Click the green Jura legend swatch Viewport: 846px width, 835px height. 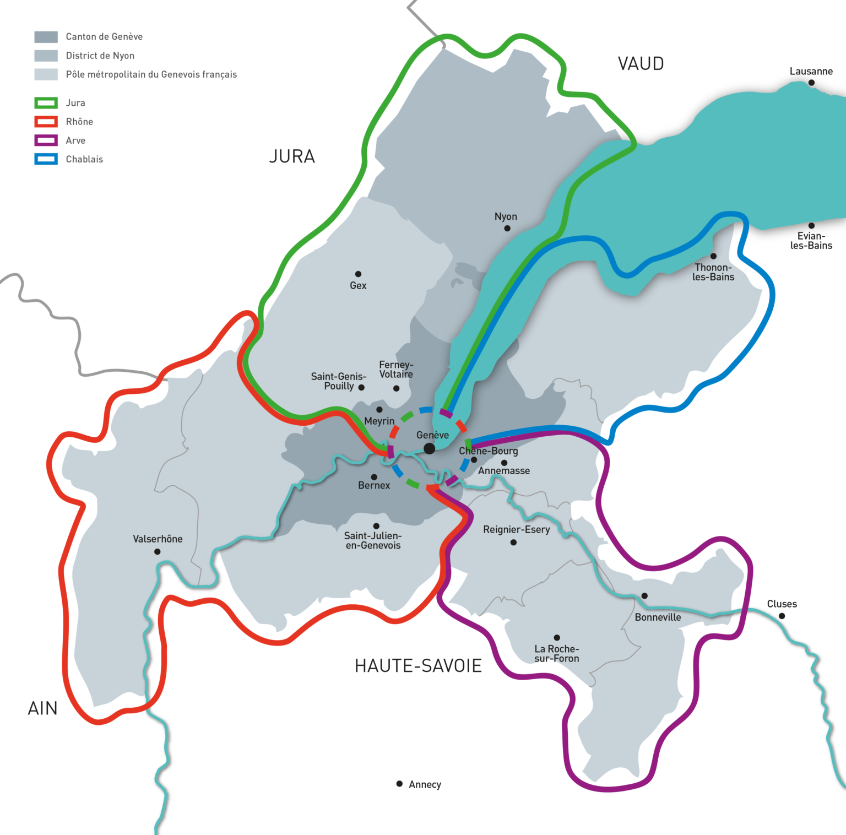46,103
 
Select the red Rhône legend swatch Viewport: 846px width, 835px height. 46,122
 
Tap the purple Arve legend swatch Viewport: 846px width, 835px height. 46,140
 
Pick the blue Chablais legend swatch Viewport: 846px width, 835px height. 46,159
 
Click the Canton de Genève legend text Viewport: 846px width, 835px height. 104,37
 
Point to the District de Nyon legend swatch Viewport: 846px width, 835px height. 46,56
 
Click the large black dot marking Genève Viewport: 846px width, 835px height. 429,449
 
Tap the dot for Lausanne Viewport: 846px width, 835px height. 811,83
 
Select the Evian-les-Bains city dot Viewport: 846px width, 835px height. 811,225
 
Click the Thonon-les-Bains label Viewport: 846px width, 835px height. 713,272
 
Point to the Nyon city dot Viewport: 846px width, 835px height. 507,228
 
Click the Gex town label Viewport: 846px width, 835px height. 358,285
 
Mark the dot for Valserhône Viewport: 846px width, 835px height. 158,551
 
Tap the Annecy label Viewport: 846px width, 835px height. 425,784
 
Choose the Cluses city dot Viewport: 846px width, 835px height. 782,616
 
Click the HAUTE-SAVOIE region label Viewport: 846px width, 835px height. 418,666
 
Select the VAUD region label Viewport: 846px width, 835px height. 641,64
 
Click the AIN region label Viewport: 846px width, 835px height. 43,708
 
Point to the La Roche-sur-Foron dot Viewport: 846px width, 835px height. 557,637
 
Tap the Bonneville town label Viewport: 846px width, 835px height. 658,617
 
